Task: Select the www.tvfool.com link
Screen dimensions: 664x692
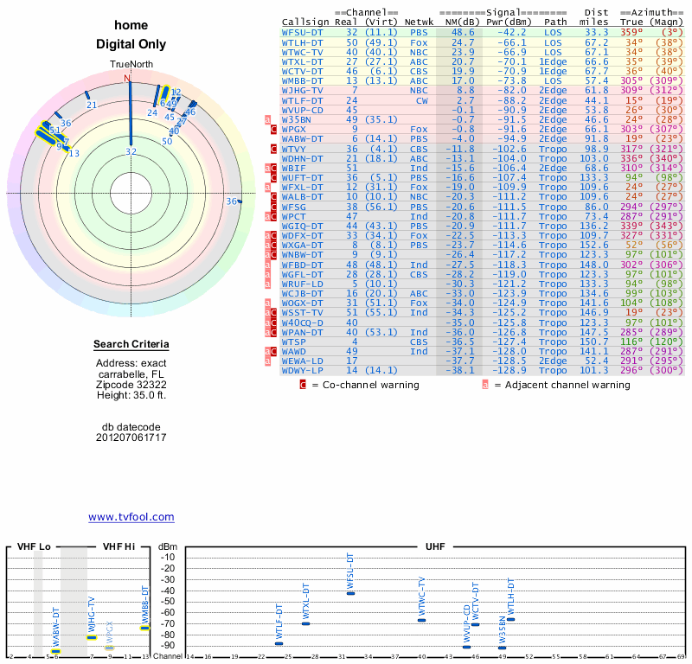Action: [131, 517]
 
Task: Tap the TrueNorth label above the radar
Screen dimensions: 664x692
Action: [131, 65]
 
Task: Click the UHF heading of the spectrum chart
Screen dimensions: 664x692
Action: [434, 547]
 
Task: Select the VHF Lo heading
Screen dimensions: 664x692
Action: [34, 547]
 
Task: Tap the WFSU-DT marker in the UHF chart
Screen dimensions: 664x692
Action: [350, 593]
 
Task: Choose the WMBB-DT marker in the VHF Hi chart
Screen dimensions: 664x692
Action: [144, 628]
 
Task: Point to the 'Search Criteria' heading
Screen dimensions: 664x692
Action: [131, 346]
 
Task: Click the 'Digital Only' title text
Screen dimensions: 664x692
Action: [131, 45]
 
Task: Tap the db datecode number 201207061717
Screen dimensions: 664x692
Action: [131, 437]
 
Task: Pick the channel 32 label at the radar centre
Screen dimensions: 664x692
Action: [131, 152]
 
